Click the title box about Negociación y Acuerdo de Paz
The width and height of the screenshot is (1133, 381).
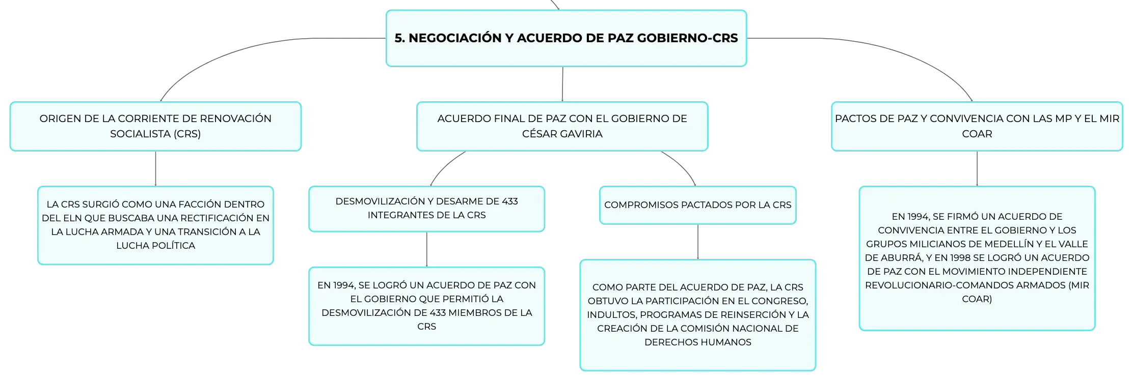(566, 38)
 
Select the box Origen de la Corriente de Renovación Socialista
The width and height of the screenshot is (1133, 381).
(155, 126)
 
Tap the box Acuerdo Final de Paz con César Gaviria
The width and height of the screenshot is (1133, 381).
(562, 126)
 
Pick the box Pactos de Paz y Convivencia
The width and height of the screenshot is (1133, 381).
(977, 126)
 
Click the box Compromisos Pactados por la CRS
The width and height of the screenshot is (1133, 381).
(697, 205)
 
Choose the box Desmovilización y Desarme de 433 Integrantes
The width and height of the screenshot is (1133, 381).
(426, 209)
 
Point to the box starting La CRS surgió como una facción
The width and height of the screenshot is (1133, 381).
(155, 225)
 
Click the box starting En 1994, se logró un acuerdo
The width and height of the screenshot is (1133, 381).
(426, 306)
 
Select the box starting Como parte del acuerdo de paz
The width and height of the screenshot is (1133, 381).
(697, 315)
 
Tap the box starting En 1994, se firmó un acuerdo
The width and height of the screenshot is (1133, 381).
(977, 258)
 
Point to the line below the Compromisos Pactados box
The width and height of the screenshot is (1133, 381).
(697, 242)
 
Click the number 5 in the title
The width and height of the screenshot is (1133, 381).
(399, 38)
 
